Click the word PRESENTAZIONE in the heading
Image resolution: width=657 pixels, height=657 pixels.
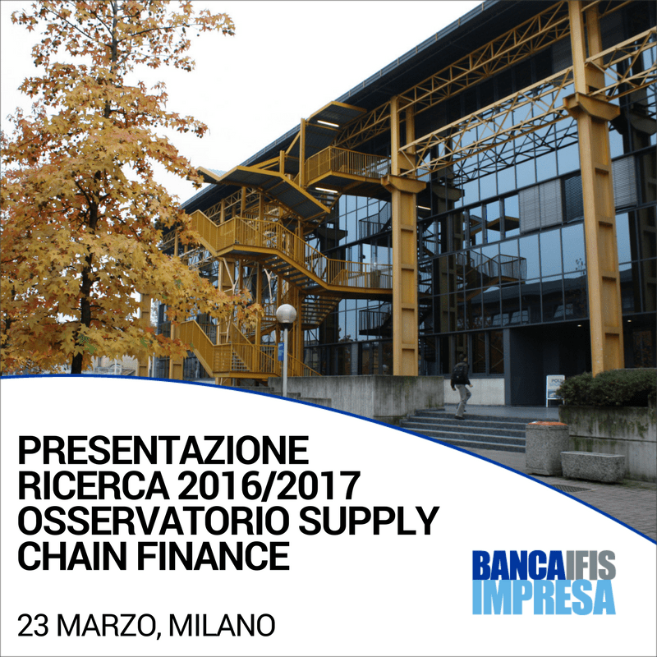point(163,450)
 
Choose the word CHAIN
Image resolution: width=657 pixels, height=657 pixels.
point(72,556)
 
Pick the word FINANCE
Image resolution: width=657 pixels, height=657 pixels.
point(214,556)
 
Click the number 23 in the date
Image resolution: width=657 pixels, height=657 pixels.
point(34,626)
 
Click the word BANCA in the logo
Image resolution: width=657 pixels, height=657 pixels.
point(517,565)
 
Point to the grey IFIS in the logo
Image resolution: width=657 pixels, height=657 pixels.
point(589,565)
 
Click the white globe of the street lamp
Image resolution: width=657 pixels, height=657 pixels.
point(286,314)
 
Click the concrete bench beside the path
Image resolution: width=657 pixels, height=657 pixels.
point(592,466)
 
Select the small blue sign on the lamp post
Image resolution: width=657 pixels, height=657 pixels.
point(281,351)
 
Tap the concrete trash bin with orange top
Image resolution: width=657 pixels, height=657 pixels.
point(547,448)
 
